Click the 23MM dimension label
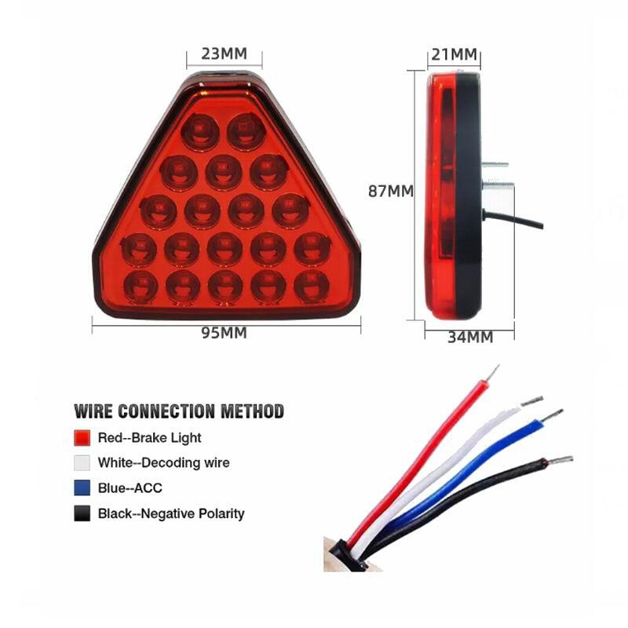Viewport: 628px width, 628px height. pos(224,53)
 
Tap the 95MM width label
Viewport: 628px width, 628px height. pos(224,333)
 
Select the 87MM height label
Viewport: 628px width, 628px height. pos(390,192)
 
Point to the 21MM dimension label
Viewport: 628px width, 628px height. pos(455,54)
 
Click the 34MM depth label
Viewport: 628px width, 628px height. pos(470,338)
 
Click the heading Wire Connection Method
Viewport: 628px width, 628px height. pos(179,411)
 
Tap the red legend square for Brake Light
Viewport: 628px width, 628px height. pos(82,438)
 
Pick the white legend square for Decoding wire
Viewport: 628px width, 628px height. pos(82,463)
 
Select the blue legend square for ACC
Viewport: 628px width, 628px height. pos(82,488)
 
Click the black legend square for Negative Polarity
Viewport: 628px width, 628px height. pos(82,513)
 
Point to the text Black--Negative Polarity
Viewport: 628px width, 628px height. pos(171,513)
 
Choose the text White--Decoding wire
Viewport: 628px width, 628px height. pos(164,463)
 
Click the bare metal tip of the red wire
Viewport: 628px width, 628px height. pos(493,373)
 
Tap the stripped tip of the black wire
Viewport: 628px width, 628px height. pos(560,460)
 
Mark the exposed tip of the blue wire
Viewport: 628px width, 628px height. pos(553,415)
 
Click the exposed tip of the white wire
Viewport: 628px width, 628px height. pos(532,400)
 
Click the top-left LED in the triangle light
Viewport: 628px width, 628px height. pos(200,131)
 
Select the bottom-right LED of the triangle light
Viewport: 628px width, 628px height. pos(312,286)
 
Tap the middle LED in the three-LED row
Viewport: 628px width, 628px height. pos(224,172)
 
